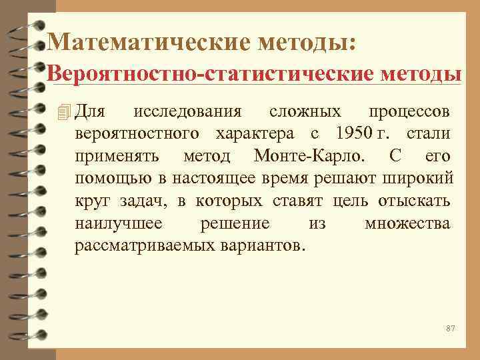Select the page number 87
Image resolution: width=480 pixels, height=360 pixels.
pyautogui.click(x=450, y=329)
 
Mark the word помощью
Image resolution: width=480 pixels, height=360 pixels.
pyautogui.click(x=105, y=178)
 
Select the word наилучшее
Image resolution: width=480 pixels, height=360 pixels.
pyautogui.click(x=117, y=223)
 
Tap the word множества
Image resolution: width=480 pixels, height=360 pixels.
pyautogui.click(x=407, y=223)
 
